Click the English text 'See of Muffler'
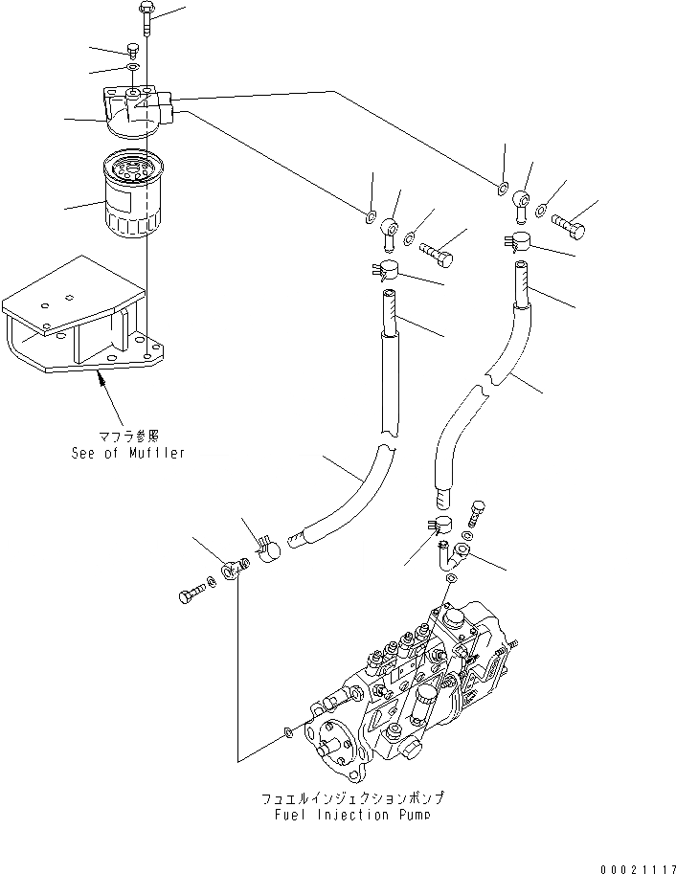127,453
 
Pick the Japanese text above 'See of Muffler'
128,437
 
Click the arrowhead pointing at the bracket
99,380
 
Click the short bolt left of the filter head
130,50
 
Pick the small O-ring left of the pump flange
289,733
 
